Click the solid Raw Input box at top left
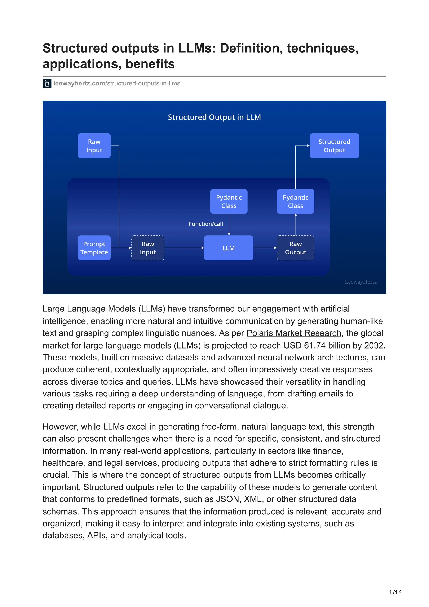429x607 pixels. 94,146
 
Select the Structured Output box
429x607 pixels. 334,146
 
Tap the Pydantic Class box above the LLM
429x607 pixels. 229,201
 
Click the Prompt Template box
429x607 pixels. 94,248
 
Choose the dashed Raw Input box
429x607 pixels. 148,248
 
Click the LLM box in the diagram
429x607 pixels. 228,248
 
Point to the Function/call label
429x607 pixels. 206,224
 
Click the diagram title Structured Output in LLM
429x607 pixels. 214,117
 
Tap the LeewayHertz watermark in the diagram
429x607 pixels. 361,282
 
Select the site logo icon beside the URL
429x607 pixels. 47,84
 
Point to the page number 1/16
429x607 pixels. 395,593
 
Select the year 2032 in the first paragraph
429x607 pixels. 373,346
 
